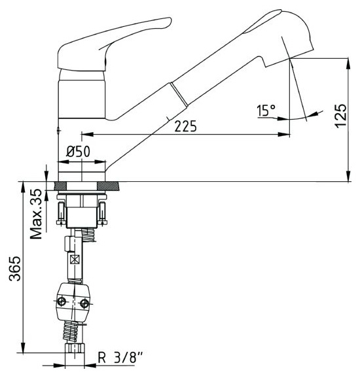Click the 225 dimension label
pyautogui.click(x=185, y=126)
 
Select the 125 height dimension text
pyautogui.click(x=341, y=115)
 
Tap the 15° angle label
pyautogui.click(x=266, y=111)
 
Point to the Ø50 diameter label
pyautogui.click(x=78, y=152)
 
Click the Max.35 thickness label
pyautogui.click(x=36, y=214)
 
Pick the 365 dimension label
pyautogui.click(x=15, y=269)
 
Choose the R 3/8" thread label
pyautogui.click(x=120, y=358)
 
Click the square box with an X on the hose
pyautogui.click(x=75, y=260)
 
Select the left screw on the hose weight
pyautogui.click(x=62, y=301)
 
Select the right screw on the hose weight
pyautogui.click(x=84, y=303)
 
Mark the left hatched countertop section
pyautogui.click(x=61, y=186)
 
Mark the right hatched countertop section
pyautogui.click(x=108, y=186)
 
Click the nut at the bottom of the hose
pyautogui.click(x=75, y=348)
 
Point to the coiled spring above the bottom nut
pyautogui.click(x=71, y=332)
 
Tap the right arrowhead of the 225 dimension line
pyautogui.click(x=284, y=134)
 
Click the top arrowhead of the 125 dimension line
pyautogui.click(x=348, y=63)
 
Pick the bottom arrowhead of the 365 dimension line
pyautogui.click(x=23, y=347)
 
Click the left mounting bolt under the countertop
pyautogui.click(x=61, y=213)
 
